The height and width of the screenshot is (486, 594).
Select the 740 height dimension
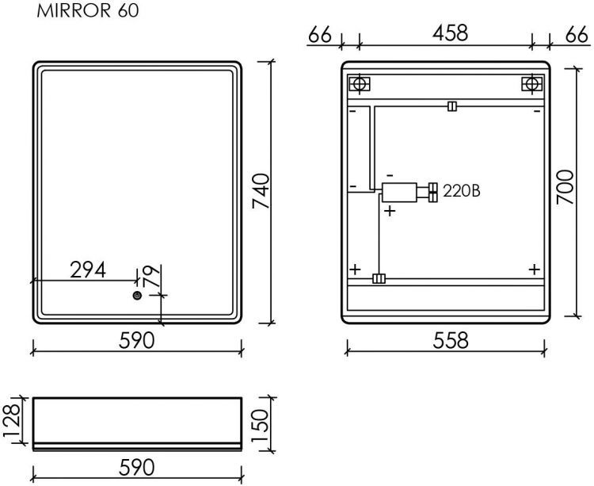pos(262,191)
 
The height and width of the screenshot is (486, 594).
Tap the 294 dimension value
pos(88,270)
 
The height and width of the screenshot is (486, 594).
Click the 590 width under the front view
pos(137,341)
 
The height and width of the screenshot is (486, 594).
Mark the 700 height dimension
pos(562,189)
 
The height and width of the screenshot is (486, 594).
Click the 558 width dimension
pos(445,341)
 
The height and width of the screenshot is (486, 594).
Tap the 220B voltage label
pos(462,191)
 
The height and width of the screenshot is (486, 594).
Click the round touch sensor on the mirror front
pos(138,296)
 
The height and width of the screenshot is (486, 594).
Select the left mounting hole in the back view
pos(359,84)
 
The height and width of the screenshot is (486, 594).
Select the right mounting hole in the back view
pos(531,84)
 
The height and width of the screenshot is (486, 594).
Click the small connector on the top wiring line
pos(451,106)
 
